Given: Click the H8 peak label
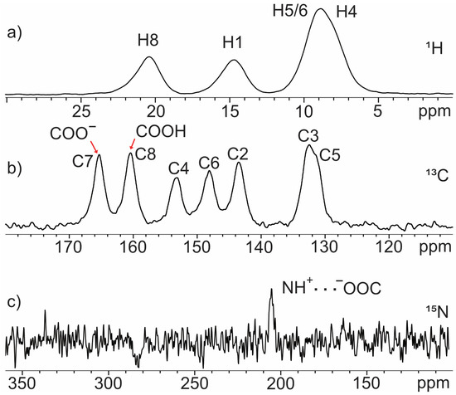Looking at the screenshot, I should [150, 40].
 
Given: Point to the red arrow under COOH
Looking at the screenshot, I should [130, 147].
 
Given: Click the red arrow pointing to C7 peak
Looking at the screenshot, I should [95, 147].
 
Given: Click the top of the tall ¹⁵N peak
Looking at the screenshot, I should [271, 290].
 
